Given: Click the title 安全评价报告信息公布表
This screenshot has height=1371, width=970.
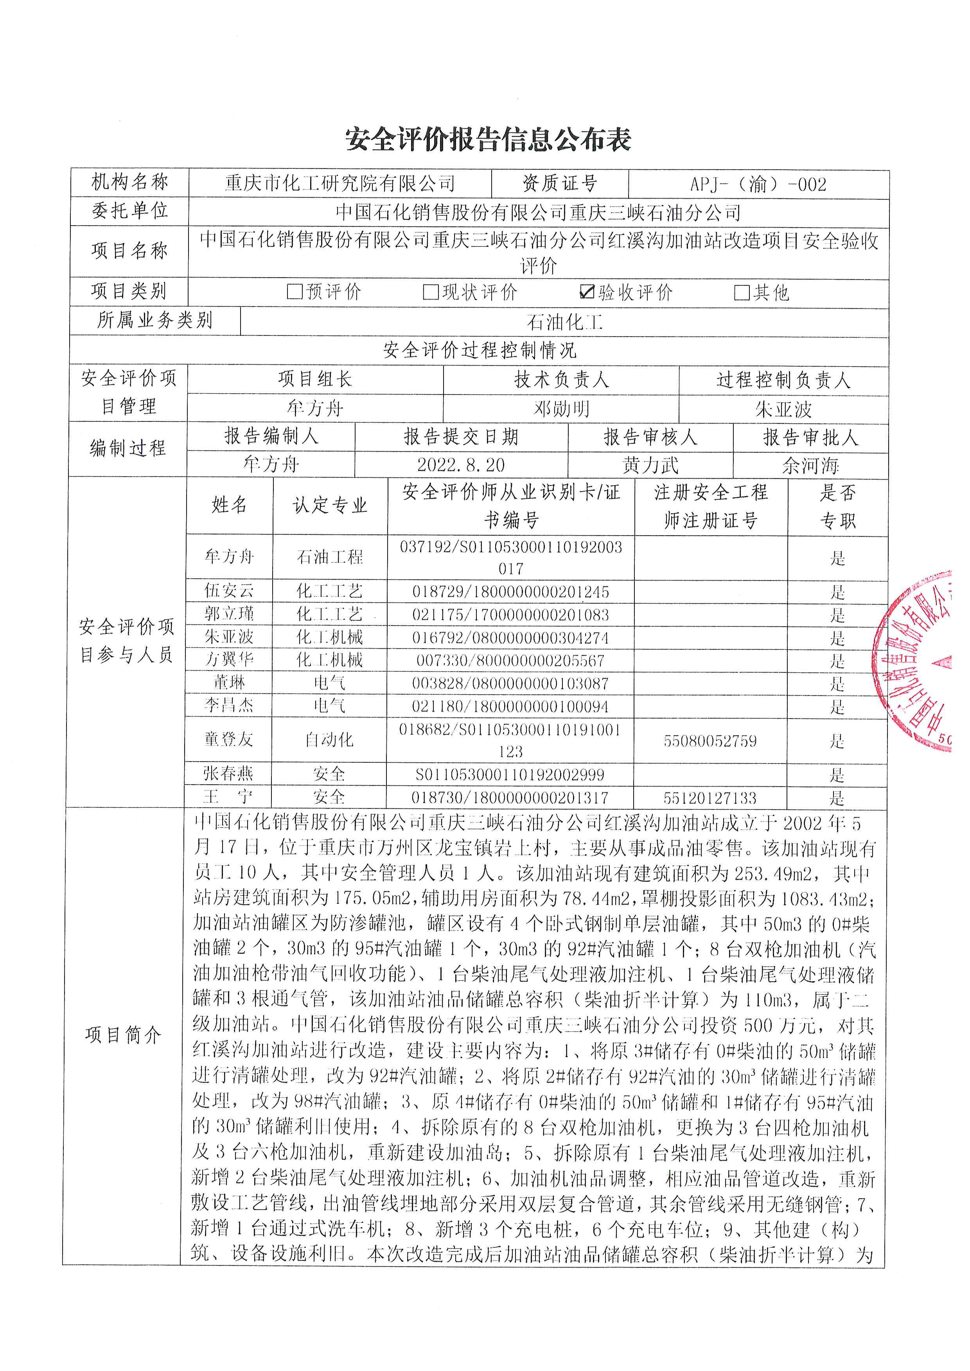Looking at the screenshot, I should point(488,140).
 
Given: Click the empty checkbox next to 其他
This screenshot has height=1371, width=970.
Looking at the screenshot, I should point(741,292).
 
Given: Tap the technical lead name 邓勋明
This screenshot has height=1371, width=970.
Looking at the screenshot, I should point(561,409).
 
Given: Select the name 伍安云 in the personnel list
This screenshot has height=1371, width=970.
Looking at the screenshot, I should point(229,591).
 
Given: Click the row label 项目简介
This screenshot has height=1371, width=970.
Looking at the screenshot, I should point(123,1034).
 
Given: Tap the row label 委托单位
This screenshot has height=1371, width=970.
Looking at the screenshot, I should point(129,211).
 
